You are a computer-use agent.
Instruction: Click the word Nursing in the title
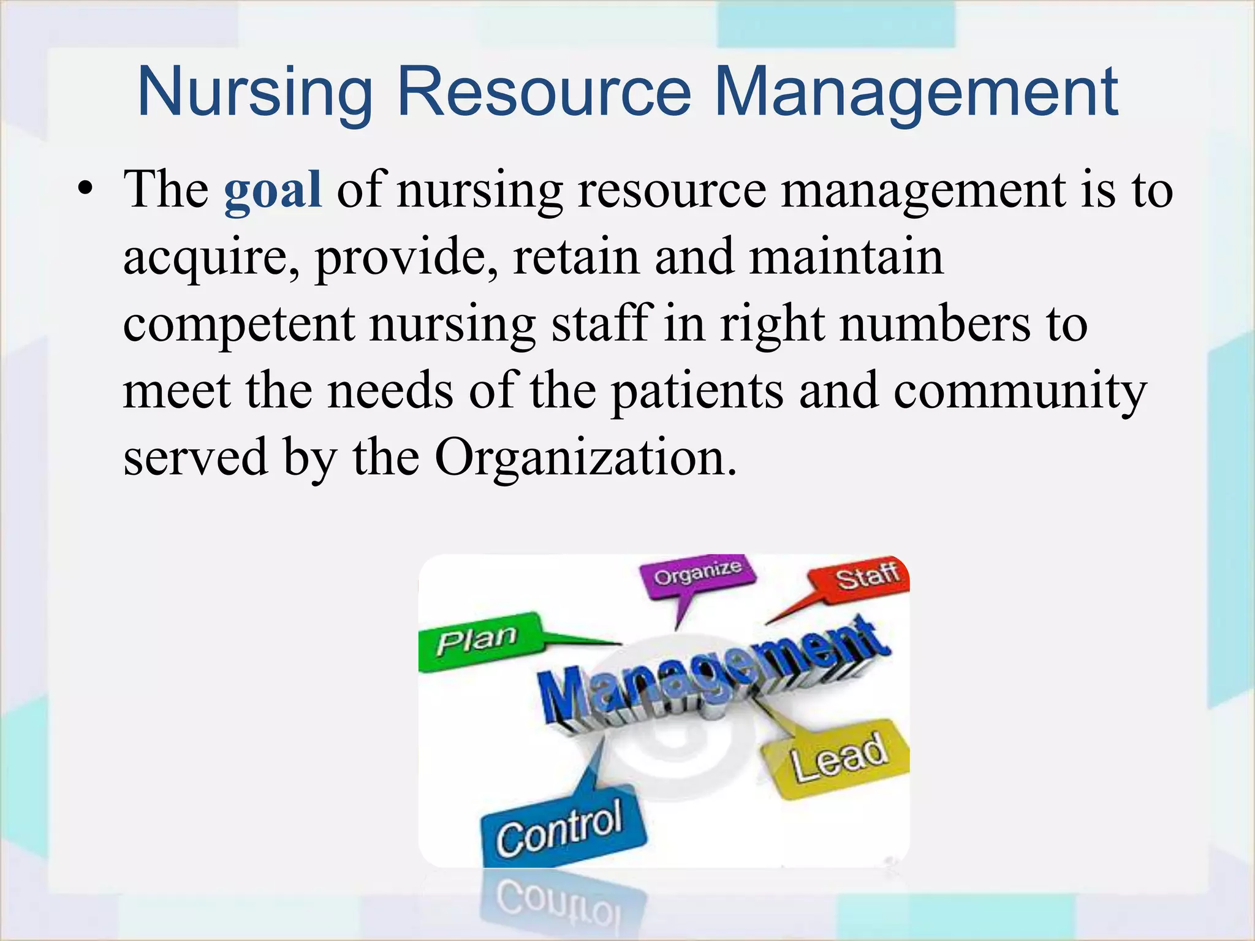[255, 94]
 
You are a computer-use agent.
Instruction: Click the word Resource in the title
[544, 94]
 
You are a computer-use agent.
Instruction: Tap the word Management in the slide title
[916, 94]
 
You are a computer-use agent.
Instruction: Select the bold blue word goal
[273, 190]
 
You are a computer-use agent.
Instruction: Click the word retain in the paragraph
[576, 257]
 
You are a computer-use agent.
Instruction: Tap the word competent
[239, 325]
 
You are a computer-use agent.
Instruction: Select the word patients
[697, 392]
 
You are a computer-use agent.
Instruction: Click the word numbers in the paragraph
[935, 325]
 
